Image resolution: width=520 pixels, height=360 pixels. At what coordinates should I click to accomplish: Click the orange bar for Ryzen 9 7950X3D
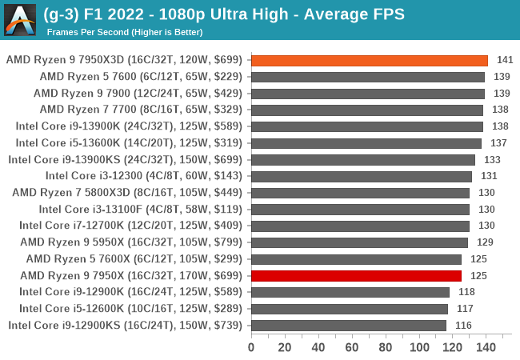[x=370, y=60]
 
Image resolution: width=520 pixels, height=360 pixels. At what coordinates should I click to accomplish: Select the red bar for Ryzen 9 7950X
[x=356, y=275]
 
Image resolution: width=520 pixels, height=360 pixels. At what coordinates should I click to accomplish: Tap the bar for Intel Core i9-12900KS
[x=349, y=325]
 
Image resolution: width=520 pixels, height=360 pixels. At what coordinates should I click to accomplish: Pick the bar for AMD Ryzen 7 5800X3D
[x=360, y=193]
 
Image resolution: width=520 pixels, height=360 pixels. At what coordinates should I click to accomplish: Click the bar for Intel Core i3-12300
[x=361, y=176]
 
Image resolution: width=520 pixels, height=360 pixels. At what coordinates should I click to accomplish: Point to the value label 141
[x=505, y=60]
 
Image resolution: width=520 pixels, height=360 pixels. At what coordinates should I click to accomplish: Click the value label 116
[x=463, y=325]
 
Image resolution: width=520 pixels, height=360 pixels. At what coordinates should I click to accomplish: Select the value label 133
[x=492, y=159]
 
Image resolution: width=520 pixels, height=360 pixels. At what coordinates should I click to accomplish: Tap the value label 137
[x=498, y=143]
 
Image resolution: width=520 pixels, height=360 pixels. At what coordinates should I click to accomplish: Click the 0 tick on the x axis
[x=251, y=348]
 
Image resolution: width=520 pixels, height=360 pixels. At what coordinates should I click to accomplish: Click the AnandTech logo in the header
[x=19, y=19]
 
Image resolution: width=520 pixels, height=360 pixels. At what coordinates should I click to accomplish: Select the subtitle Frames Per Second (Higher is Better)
[x=125, y=32]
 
